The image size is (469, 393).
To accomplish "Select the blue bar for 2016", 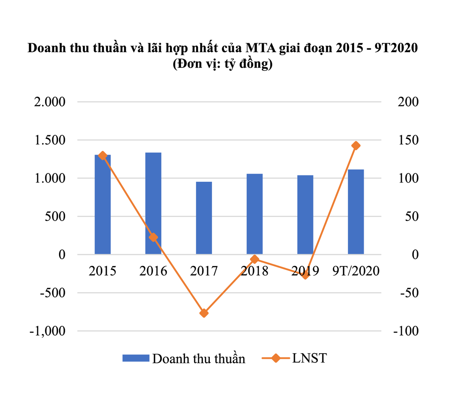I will (153, 203).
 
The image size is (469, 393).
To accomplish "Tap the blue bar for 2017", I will (204, 218).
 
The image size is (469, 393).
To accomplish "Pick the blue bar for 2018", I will (254, 214).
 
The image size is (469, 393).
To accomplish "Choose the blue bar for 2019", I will (305, 215).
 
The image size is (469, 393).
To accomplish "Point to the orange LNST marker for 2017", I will (204, 313).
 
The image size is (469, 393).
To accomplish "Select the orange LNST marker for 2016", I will (153, 237).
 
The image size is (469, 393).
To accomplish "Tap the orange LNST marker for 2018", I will (254, 259).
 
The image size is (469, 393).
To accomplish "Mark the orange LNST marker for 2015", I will (102, 156).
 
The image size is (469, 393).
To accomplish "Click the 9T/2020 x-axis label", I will (356, 270).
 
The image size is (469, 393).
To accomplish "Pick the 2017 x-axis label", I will (204, 270).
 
